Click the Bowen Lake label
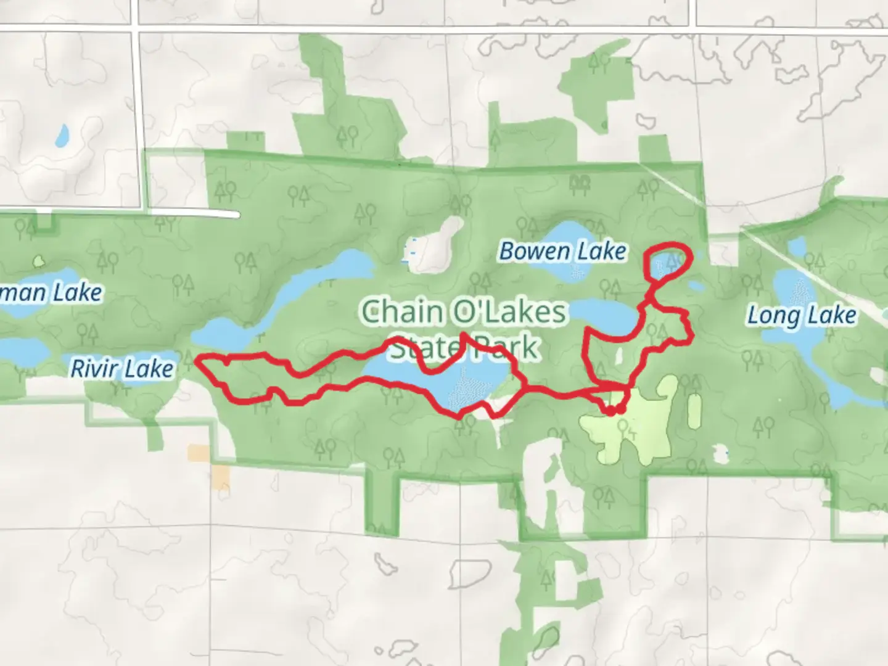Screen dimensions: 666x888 [562, 251]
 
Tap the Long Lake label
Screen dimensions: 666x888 [802, 315]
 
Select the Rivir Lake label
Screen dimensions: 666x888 [122, 369]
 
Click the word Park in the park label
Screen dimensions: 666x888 [509, 348]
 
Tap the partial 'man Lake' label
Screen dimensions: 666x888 [52, 292]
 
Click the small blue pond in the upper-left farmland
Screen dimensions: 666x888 [62, 136]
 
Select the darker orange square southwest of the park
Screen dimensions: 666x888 [220, 477]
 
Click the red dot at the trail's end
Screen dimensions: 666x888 [621, 408]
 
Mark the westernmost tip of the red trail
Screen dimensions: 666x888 [198, 361]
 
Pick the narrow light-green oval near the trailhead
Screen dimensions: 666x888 [694, 411]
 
